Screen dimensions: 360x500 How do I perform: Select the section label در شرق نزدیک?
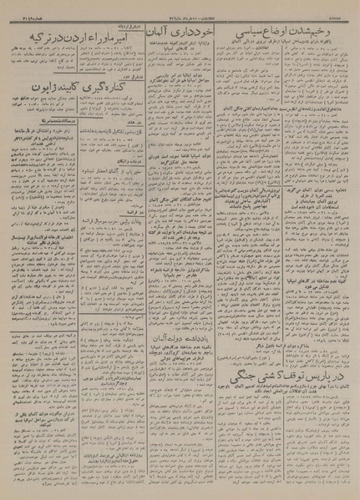click(122, 20)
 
